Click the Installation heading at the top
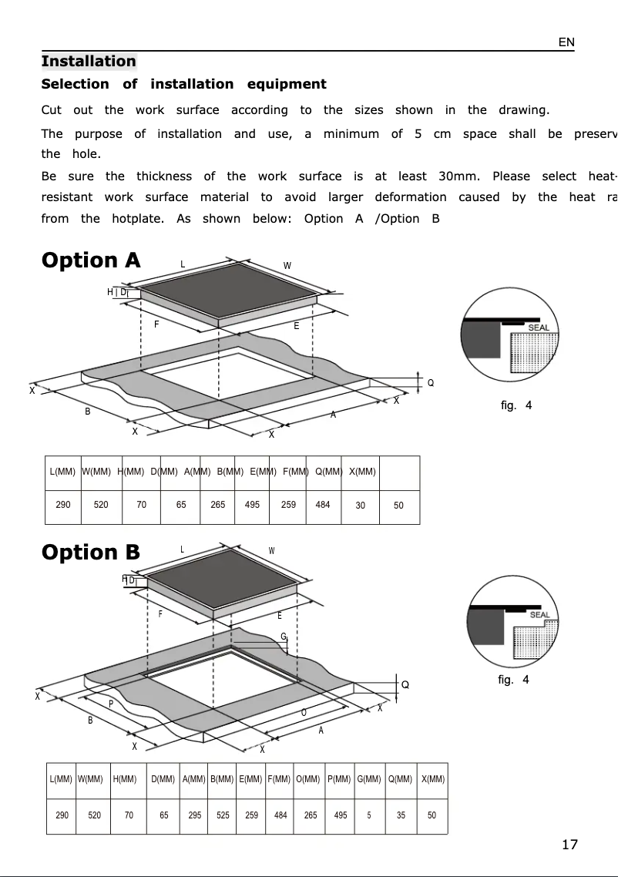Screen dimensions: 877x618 89,62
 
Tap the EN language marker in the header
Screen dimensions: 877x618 566,42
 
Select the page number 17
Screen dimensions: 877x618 569,845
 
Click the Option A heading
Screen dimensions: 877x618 91,260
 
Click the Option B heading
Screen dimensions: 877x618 91,553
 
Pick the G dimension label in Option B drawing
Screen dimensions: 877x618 284,637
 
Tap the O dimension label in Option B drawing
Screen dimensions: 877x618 304,712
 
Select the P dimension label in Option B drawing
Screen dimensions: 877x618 111,704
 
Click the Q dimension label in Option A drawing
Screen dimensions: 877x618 431,383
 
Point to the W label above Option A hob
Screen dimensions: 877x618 287,266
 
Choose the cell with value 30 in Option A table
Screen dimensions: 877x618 361,506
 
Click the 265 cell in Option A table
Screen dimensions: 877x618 218,505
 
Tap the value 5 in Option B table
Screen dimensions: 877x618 369,815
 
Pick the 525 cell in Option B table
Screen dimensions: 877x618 223,815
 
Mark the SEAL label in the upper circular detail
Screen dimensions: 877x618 539,328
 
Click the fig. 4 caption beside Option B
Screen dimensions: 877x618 514,680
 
